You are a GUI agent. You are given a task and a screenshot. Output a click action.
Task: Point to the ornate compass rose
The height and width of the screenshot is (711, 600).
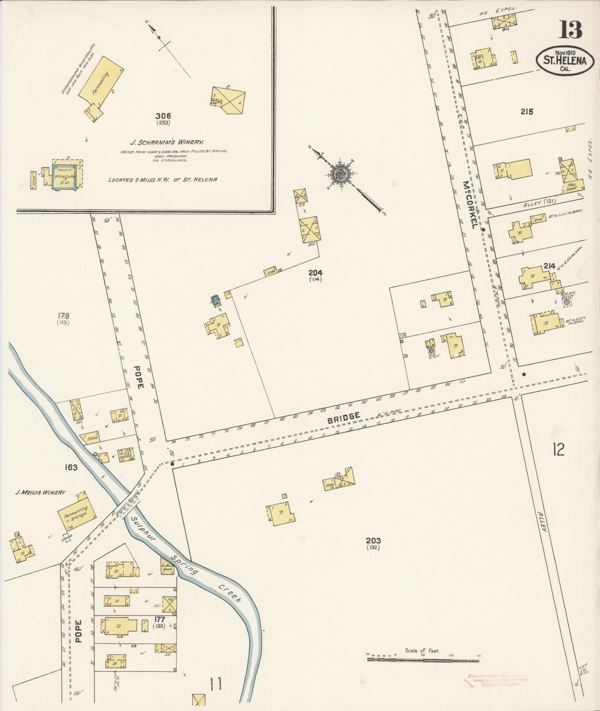click(340, 173)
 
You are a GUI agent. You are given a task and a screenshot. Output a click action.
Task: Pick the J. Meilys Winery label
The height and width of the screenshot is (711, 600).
click(40, 492)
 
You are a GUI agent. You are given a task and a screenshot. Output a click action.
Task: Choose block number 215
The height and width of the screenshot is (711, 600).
click(527, 111)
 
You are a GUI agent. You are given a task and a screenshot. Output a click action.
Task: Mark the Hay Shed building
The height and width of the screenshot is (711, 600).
click(571, 187)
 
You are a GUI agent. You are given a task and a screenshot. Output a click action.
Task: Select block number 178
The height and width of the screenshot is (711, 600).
click(64, 316)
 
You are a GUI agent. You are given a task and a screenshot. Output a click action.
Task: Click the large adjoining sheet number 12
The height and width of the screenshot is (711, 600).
click(558, 449)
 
